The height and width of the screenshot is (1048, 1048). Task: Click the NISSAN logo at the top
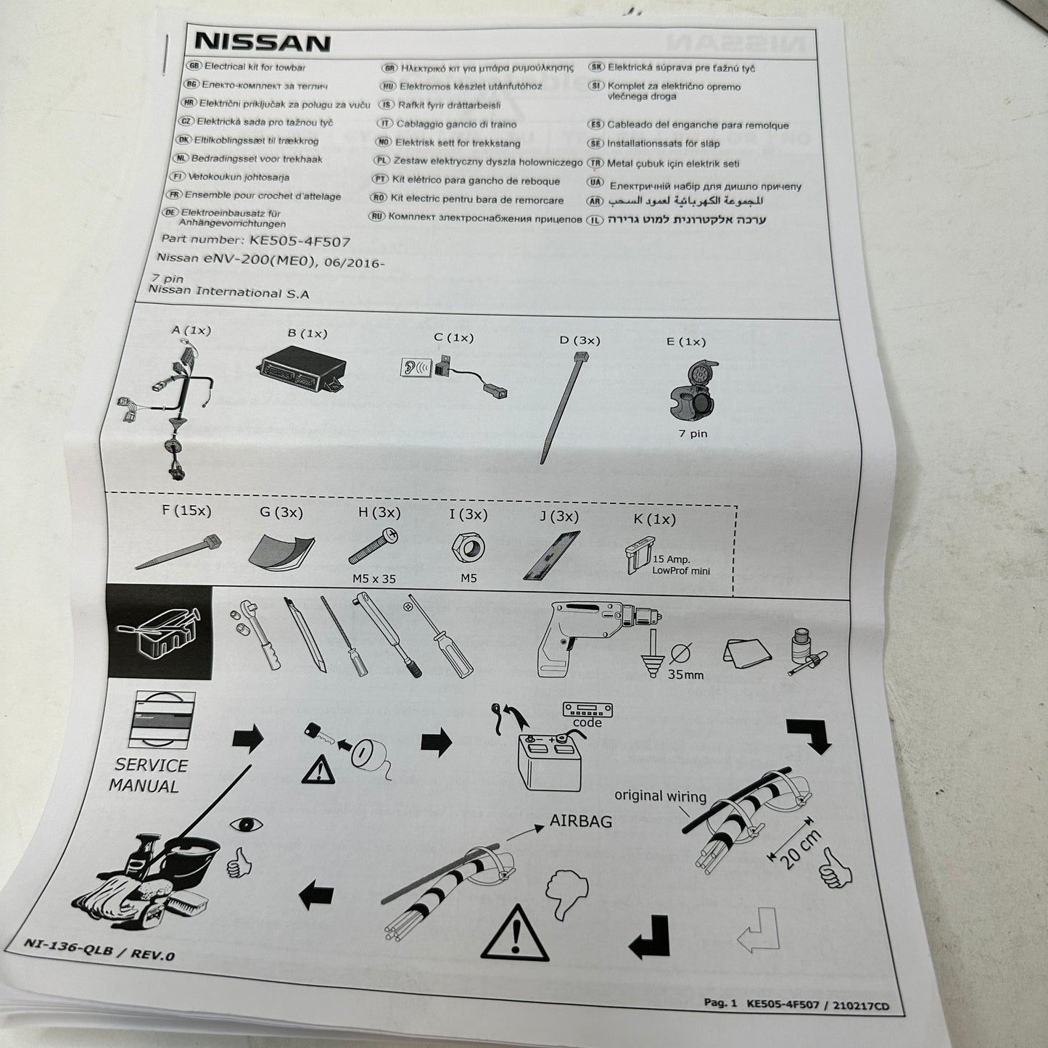262,42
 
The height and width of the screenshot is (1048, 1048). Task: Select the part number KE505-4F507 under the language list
300,241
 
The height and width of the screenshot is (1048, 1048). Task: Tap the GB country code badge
194,66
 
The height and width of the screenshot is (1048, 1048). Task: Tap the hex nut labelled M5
469,547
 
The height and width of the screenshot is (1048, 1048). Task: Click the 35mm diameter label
685,675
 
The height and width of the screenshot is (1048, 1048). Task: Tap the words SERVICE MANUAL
149,775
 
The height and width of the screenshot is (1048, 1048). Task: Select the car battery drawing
549,762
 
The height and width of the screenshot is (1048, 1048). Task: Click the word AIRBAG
580,821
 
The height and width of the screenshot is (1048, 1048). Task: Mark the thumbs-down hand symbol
566,893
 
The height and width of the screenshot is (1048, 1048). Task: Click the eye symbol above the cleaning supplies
246,825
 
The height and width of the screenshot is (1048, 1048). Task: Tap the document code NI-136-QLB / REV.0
99,949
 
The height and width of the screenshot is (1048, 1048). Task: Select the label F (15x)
186,511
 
